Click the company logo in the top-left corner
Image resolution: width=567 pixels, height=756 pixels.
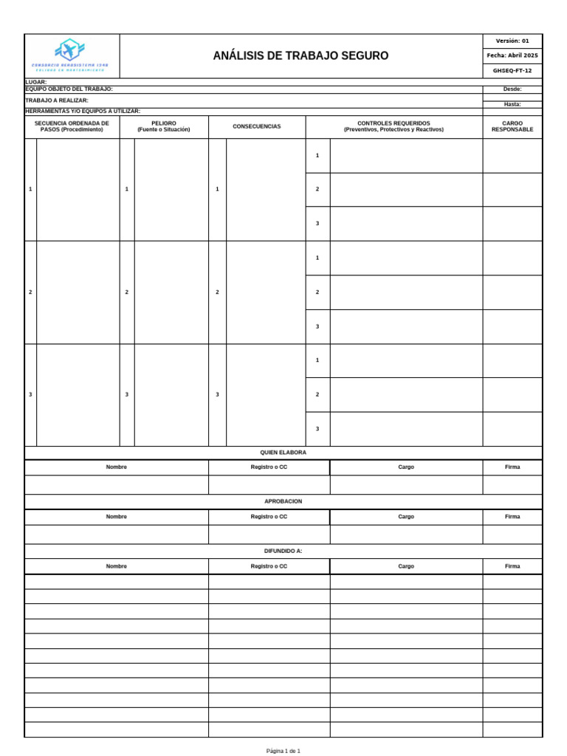71,55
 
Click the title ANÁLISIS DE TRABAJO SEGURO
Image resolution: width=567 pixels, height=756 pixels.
300,56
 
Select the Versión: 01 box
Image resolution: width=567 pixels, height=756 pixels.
512,41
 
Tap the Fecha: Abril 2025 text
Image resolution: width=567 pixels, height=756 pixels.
512,56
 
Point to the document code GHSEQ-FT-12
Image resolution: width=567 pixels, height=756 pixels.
512,71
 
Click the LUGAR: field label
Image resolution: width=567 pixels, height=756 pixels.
36,82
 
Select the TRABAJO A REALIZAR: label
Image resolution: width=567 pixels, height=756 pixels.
57,100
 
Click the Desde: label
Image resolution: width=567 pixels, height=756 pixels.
512,89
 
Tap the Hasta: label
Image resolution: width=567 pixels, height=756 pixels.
512,104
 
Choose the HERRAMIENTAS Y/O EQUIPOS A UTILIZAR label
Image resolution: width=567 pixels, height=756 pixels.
83,111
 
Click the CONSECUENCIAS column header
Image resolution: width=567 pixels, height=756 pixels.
257,127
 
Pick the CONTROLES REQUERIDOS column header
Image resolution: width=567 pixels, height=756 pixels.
394,126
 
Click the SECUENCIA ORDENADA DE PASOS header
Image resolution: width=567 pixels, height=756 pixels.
72,126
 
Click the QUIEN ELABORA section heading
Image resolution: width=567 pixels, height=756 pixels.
283,453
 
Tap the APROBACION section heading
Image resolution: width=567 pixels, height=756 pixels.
283,502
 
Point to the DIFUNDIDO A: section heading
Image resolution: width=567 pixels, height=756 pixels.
283,551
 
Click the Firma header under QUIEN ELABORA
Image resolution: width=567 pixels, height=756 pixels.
512,467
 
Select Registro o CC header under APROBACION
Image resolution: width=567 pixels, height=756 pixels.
269,517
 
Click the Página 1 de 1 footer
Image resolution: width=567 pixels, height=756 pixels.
283,751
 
